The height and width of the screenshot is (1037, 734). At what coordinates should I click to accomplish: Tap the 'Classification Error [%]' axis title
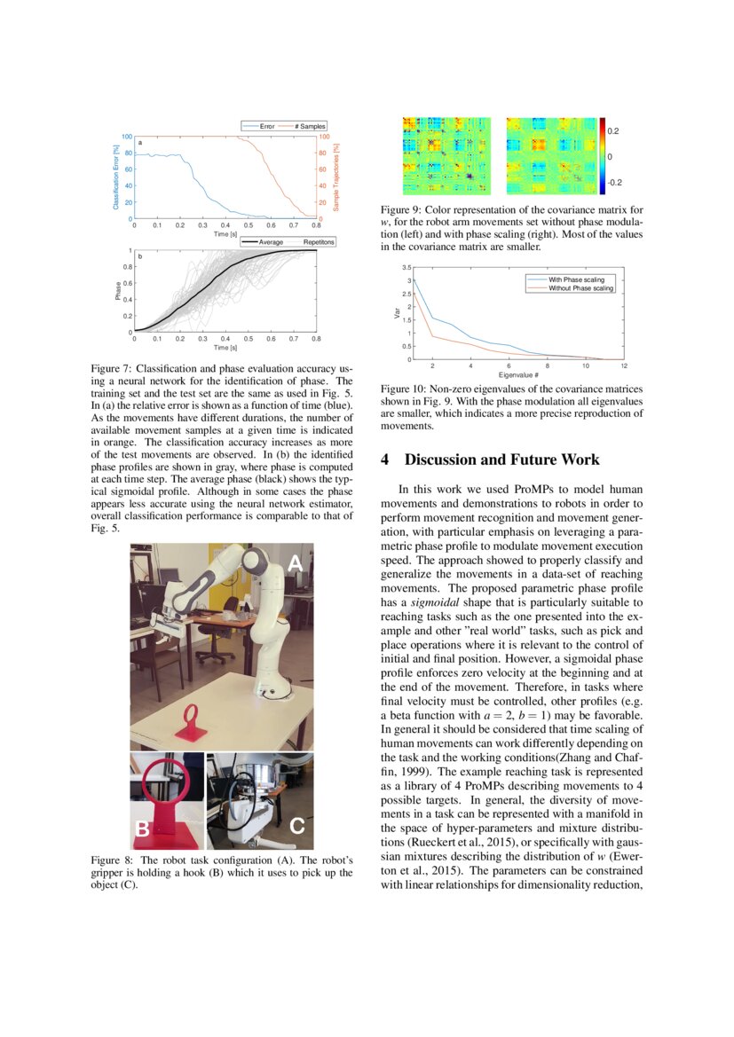(115, 177)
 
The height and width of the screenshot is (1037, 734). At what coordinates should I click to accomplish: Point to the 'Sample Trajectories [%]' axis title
(336, 177)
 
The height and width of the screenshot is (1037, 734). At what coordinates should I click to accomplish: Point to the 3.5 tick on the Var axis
(406, 267)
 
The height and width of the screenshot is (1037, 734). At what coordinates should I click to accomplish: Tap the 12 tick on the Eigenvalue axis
(624, 365)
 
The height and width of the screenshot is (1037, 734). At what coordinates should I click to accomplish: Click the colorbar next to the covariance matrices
(603, 155)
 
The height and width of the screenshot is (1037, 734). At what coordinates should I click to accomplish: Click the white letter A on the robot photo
(296, 563)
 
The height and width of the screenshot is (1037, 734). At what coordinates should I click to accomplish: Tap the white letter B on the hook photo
(142, 829)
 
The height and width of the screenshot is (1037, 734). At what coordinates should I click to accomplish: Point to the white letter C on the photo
(296, 826)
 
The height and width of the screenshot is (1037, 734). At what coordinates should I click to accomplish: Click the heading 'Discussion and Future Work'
(501, 460)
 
